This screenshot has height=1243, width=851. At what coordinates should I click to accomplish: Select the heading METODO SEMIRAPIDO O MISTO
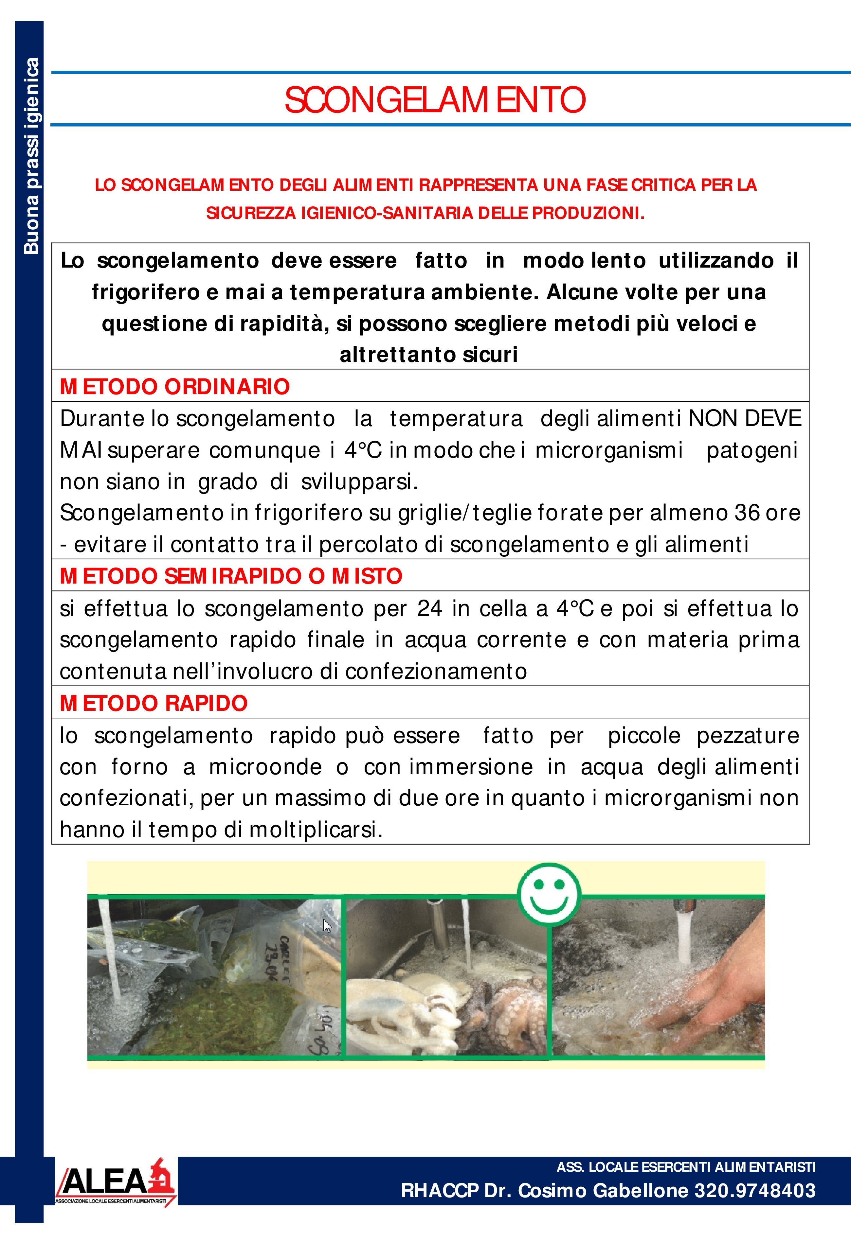click(x=231, y=576)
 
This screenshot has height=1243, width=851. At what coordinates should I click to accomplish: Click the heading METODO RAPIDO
click(x=154, y=703)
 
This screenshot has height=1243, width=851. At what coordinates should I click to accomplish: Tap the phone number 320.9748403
click(x=755, y=1191)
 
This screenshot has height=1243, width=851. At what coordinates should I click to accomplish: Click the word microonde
click(x=265, y=767)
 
